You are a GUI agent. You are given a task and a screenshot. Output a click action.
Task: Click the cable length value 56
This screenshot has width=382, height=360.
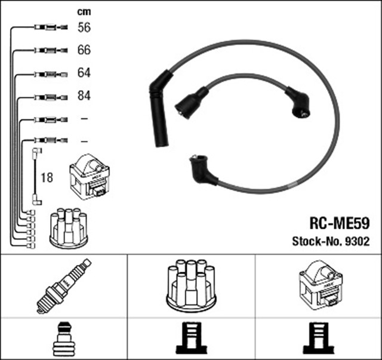[x=84, y=27]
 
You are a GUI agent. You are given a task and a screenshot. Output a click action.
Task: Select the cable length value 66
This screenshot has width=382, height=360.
[x=84, y=50]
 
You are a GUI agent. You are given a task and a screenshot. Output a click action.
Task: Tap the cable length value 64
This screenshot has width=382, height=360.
[x=84, y=73]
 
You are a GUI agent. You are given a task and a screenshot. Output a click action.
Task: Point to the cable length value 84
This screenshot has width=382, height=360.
[x=84, y=96]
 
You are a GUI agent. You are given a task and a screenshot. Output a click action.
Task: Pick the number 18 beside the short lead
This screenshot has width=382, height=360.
[x=47, y=178]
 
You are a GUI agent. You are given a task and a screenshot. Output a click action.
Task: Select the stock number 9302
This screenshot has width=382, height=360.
[x=355, y=242]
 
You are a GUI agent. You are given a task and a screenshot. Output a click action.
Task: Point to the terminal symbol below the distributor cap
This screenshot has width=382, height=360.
[x=190, y=339]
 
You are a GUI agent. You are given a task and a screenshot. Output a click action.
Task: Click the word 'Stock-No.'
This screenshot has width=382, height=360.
[x=316, y=242]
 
